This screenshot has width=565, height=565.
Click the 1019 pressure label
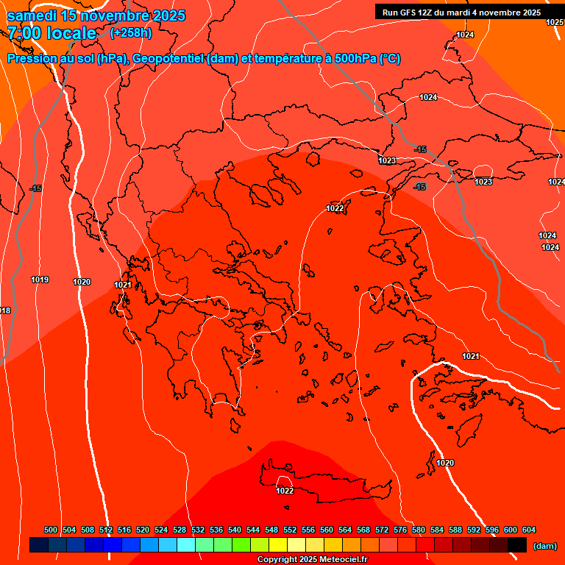click(40, 280)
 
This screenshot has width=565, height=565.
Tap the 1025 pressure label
click(555, 23)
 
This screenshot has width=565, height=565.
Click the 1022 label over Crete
click(285, 491)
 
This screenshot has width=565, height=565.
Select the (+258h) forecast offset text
click(131, 33)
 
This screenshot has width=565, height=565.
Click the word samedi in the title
click(32, 15)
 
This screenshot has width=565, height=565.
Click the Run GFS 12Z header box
click(461, 13)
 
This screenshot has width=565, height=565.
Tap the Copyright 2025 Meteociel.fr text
click(313, 560)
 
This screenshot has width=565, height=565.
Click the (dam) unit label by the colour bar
click(544, 546)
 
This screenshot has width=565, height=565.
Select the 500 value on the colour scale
click(51, 530)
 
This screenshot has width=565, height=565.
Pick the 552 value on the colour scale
click(290, 530)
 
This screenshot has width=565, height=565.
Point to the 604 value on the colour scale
click(529, 530)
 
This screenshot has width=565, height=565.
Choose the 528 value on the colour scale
click(180, 530)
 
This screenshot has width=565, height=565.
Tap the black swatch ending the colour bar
click(517, 545)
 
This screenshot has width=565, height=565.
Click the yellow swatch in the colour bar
click(278, 545)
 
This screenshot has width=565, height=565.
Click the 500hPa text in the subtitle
click(350, 59)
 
